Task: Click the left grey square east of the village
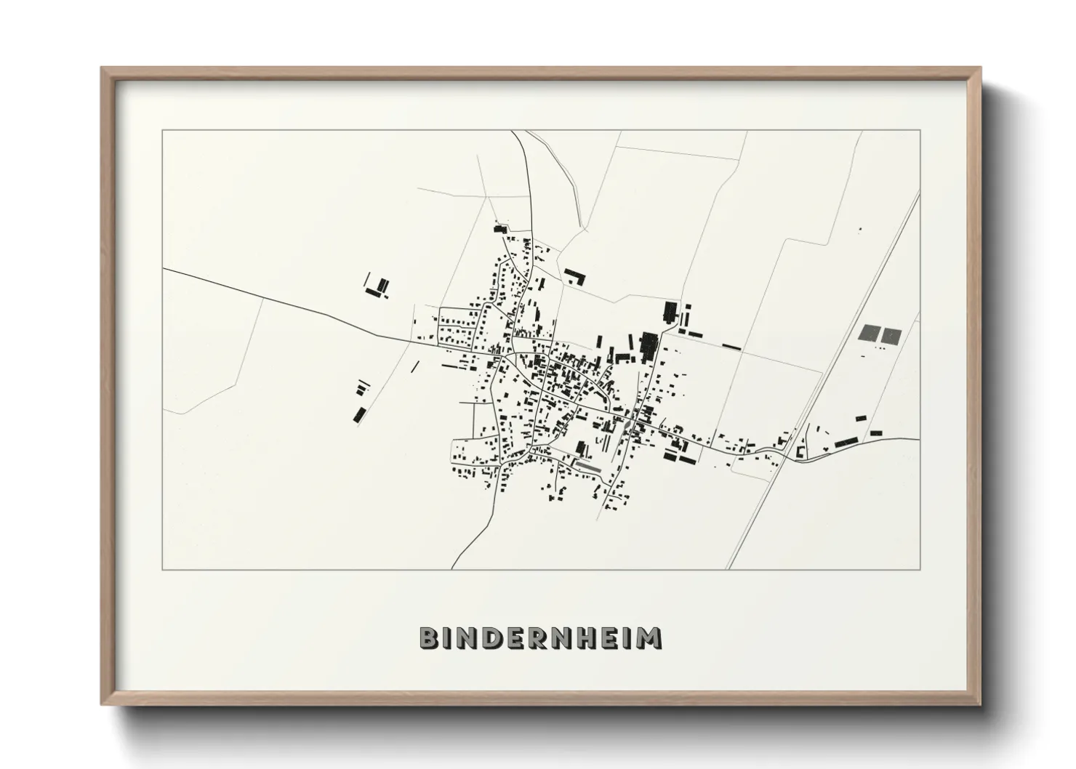(x=869, y=334)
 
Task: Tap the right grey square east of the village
(x=891, y=334)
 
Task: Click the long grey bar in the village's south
(x=588, y=466)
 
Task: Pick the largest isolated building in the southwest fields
(x=359, y=414)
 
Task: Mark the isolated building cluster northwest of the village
(x=377, y=287)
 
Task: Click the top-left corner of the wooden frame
(x=103, y=69)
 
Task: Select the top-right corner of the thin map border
(x=920, y=131)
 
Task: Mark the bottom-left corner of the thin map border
(x=163, y=569)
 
